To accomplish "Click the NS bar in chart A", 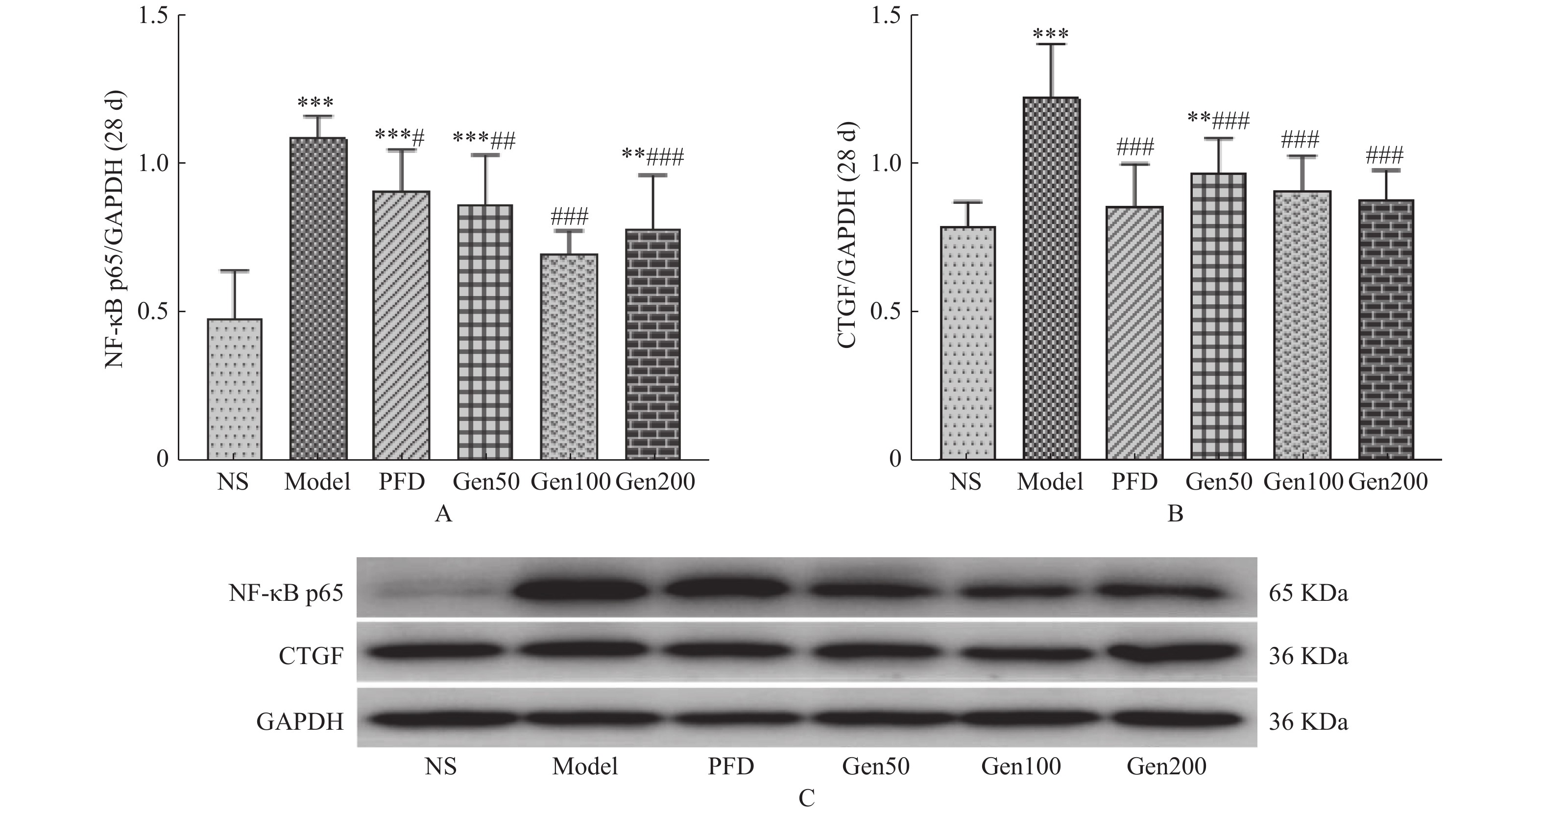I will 235,390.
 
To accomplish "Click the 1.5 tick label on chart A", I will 153,15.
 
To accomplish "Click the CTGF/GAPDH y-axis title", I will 846,235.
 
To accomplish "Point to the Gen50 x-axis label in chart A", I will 486,482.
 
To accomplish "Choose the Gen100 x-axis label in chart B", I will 1303,482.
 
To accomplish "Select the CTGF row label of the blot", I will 311,657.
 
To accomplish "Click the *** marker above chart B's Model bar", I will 1051,33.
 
